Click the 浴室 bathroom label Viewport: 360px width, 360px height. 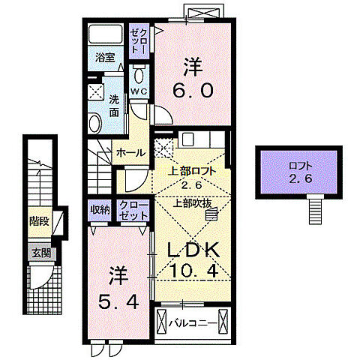[x=105, y=58]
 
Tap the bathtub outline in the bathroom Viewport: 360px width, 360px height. [x=106, y=34]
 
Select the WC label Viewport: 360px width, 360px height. [x=139, y=91]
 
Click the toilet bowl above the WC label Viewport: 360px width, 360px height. [x=139, y=74]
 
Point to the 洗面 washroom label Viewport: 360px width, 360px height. [x=114, y=106]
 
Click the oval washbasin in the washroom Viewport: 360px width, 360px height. [x=94, y=123]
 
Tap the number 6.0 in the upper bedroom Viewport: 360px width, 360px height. [x=193, y=90]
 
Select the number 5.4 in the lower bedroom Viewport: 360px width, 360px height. [x=118, y=301]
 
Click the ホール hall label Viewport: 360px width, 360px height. [x=130, y=152]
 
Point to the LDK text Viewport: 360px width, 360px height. [x=193, y=250]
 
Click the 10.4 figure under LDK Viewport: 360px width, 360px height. [x=193, y=271]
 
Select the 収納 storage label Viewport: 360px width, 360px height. [x=100, y=210]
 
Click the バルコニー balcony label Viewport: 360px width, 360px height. [x=193, y=323]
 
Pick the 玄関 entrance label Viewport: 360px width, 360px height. [x=41, y=253]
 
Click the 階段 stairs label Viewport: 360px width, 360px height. [x=39, y=221]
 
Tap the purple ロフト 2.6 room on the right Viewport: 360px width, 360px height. [x=298, y=172]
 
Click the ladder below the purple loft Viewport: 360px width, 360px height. [x=315, y=209]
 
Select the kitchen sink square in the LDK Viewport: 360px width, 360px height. [x=187, y=139]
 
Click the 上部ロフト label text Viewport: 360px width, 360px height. [x=192, y=172]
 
